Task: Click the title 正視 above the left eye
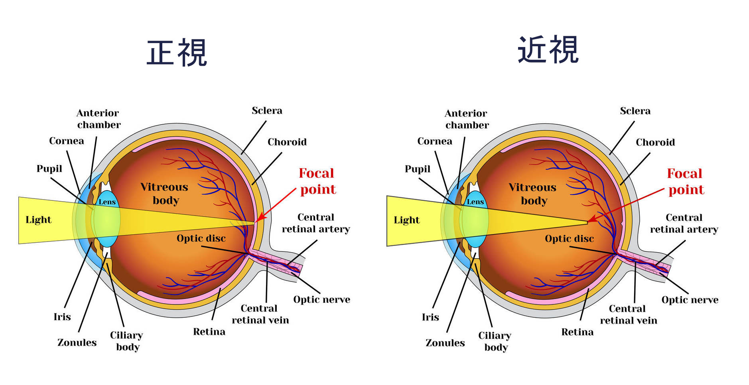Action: click(x=177, y=53)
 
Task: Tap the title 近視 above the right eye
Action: click(x=548, y=49)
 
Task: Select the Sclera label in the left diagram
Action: click(x=267, y=110)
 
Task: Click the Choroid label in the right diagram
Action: click(x=655, y=142)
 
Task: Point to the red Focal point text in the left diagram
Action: click(x=317, y=181)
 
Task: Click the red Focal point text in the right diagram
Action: click(x=686, y=182)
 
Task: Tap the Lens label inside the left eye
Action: click(x=107, y=202)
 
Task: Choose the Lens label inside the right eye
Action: click(x=475, y=202)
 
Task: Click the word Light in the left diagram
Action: click(x=38, y=220)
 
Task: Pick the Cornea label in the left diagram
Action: click(x=67, y=141)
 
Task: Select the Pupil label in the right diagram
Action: click(x=418, y=169)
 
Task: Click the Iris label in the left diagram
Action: click(x=62, y=317)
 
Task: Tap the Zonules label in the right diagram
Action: click(x=445, y=343)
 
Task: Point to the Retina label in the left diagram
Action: click(x=209, y=332)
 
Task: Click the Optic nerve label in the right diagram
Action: click(x=690, y=300)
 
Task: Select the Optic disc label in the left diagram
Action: click(x=201, y=238)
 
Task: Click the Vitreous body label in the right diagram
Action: click(x=533, y=194)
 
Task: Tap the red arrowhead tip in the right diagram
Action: click(x=588, y=221)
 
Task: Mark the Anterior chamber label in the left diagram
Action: click(x=99, y=119)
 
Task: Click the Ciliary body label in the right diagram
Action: click(x=495, y=341)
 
